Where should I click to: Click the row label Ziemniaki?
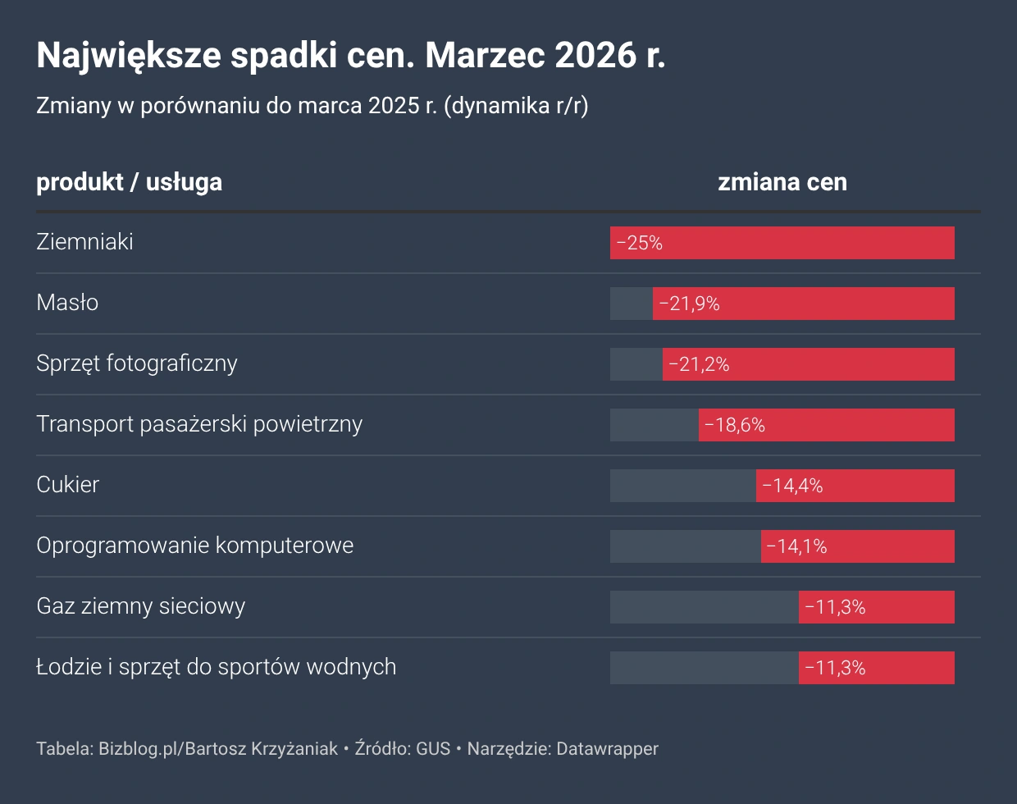(84, 242)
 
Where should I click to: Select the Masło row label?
(67, 303)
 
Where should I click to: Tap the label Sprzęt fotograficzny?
(136, 363)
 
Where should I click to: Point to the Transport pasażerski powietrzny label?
(199, 424)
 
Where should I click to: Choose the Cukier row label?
(67, 485)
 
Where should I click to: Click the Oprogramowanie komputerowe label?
(194, 546)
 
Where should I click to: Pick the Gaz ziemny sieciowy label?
(140, 606)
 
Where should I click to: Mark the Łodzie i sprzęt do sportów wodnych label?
(216, 667)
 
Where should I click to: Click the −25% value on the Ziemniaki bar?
(639, 243)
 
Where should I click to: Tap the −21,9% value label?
(689, 304)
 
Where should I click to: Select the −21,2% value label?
(699, 364)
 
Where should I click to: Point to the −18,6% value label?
(735, 425)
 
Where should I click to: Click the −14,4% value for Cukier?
(792, 486)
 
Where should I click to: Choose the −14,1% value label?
(796, 546)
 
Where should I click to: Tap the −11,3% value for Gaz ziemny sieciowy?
(835, 607)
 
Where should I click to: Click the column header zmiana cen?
(782, 182)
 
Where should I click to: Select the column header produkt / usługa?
(129, 182)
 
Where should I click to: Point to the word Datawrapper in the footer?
(607, 748)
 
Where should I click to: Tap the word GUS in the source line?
(433, 748)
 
